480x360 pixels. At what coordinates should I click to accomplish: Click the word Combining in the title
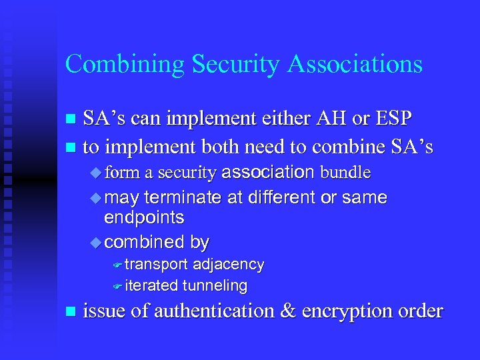point(125,65)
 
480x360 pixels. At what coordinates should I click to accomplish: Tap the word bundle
point(345,173)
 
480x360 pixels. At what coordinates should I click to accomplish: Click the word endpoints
point(144,218)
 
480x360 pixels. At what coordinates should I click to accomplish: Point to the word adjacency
point(229,265)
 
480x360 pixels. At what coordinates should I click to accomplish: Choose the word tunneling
point(215,286)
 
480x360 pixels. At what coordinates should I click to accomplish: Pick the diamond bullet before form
point(93,173)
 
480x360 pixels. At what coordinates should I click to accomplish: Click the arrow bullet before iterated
point(117,287)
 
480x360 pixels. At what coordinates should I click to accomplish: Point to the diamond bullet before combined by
point(93,242)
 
